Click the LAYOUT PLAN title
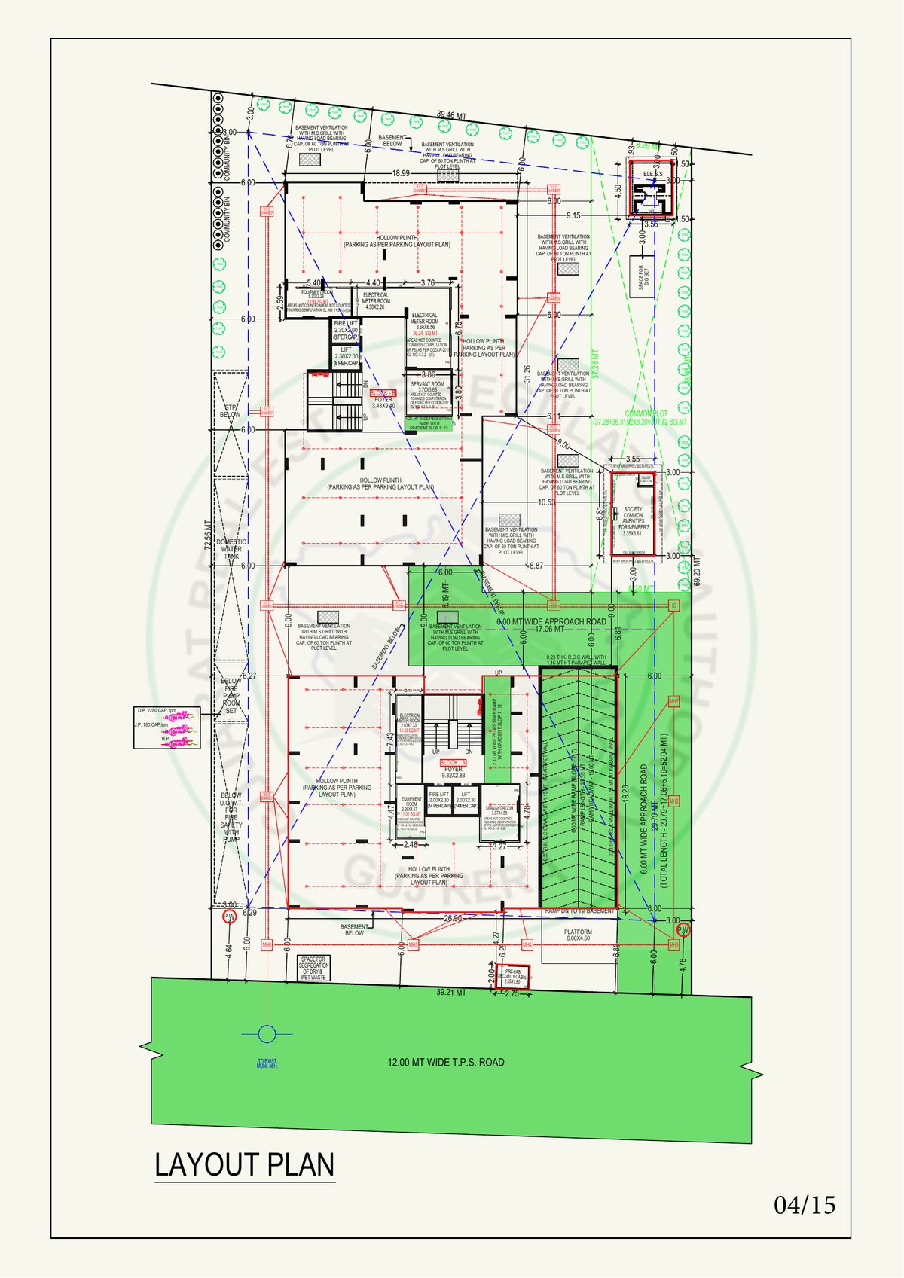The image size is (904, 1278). point(244,1164)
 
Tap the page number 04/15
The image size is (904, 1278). point(805,1206)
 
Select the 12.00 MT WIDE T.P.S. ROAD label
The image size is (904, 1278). point(446,1063)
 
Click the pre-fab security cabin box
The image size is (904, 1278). point(513,977)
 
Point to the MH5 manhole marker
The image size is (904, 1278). point(412,945)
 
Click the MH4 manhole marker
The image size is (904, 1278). point(527,945)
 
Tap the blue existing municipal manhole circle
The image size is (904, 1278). point(267,1034)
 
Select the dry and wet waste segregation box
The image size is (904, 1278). point(313,968)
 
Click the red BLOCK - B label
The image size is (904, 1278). point(383,393)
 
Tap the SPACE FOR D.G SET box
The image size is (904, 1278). point(642,277)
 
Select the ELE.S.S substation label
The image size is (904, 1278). point(653,175)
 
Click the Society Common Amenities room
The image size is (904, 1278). point(634,519)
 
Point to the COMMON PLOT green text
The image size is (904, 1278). point(646,413)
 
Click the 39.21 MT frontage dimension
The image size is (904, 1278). point(450,993)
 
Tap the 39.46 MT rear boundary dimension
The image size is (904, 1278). point(452,115)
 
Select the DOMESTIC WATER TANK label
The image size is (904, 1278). point(231,549)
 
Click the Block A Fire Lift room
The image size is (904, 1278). point(438,800)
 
